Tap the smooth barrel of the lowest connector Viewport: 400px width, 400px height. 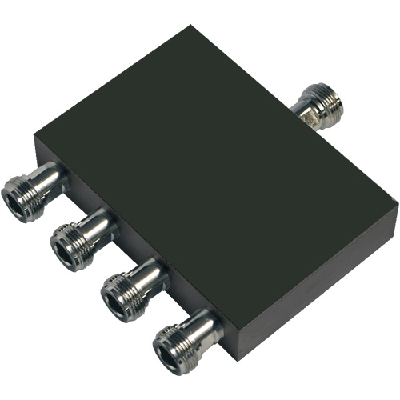(203, 324)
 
